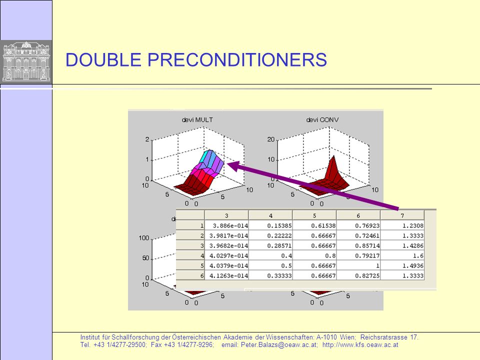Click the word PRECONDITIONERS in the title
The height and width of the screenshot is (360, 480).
click(x=237, y=59)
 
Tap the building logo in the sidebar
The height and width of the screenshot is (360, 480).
click(x=26, y=62)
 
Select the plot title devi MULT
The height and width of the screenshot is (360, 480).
click(x=197, y=119)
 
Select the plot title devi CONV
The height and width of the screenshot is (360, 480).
click(x=322, y=119)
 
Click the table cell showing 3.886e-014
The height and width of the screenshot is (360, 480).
click(x=226, y=225)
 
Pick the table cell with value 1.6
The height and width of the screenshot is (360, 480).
click(x=402, y=255)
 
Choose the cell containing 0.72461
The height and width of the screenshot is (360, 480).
click(x=358, y=235)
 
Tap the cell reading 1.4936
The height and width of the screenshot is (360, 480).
click(x=402, y=265)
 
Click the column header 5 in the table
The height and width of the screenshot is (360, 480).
click(x=314, y=215)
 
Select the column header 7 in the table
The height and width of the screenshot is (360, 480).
click(x=402, y=215)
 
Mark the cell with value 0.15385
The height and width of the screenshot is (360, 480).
click(x=270, y=225)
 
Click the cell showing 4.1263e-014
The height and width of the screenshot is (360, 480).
click(x=226, y=275)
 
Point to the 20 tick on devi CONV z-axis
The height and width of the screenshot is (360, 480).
click(x=271, y=139)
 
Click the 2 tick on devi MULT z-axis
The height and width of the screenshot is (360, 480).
click(x=147, y=139)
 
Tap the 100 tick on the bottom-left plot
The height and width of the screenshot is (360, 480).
click(x=144, y=238)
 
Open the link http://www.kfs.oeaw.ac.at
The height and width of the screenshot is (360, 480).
click(x=360, y=344)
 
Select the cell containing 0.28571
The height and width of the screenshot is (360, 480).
click(x=270, y=245)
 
